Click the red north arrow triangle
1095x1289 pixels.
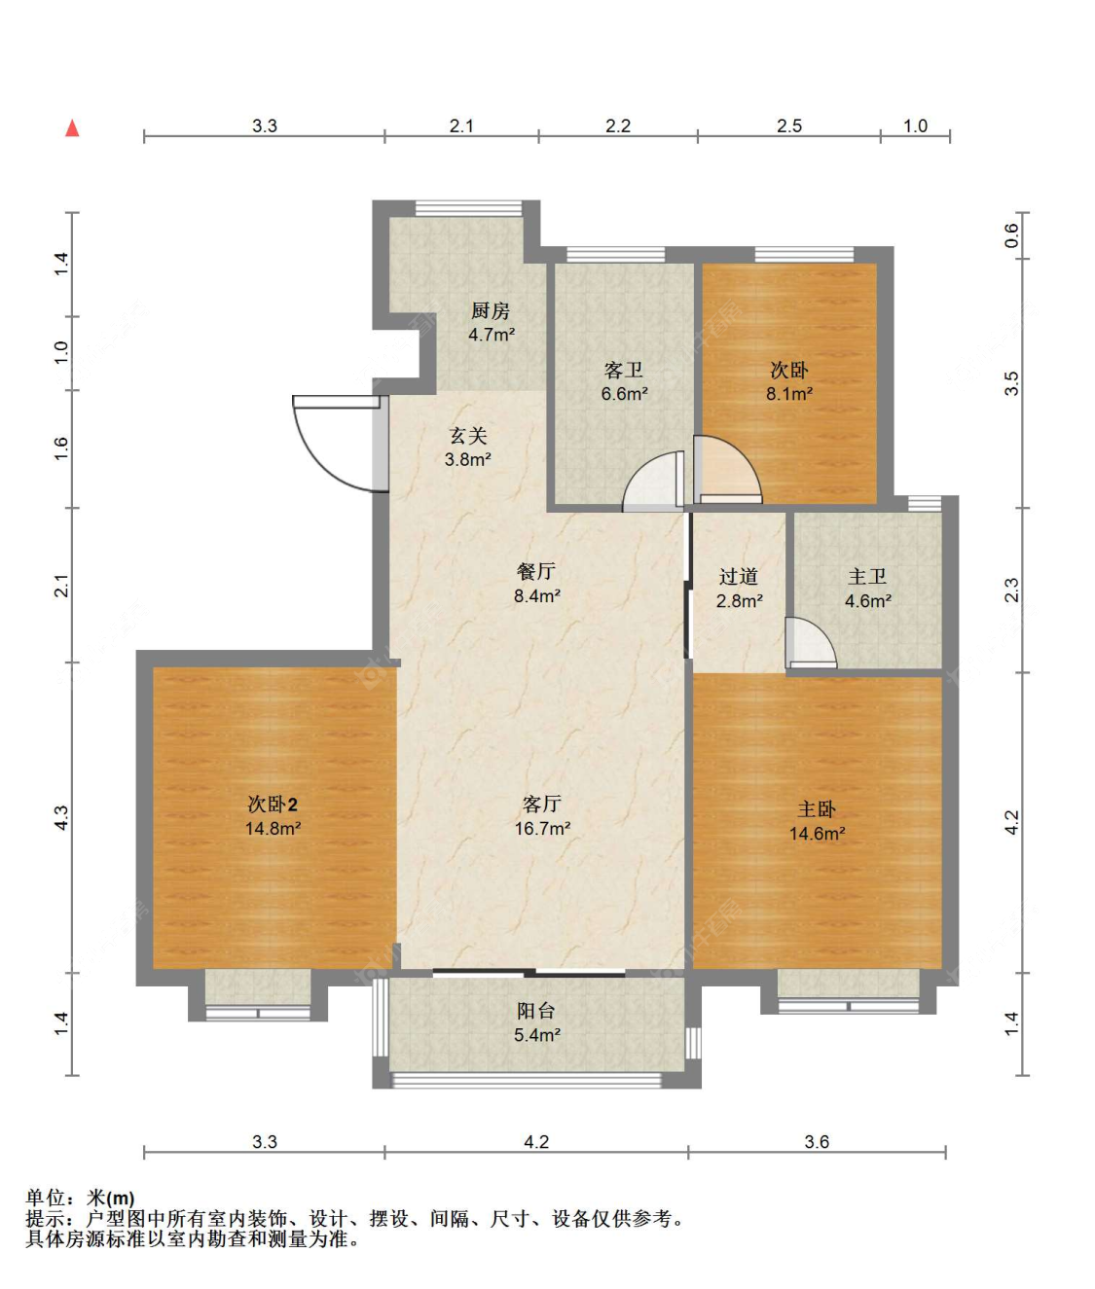click(72, 128)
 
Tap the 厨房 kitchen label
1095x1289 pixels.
click(491, 310)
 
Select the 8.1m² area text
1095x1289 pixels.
click(789, 393)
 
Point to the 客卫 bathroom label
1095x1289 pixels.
click(623, 371)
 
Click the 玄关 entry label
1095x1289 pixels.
click(468, 435)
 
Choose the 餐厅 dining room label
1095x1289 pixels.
click(536, 571)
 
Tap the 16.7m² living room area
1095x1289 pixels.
click(542, 828)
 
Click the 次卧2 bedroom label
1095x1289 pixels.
click(273, 805)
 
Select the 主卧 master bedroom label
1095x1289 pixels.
click(817, 809)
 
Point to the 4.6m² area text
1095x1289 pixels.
click(868, 600)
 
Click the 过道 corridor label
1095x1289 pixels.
click(739, 576)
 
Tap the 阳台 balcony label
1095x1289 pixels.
click(536, 1011)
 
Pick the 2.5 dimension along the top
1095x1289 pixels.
click(789, 125)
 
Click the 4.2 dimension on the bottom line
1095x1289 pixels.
click(536, 1142)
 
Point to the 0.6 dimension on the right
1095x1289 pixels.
click(1011, 235)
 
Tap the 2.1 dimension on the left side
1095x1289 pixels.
click(61, 586)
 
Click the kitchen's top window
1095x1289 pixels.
click(468, 208)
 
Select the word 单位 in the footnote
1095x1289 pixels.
click(46, 1198)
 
